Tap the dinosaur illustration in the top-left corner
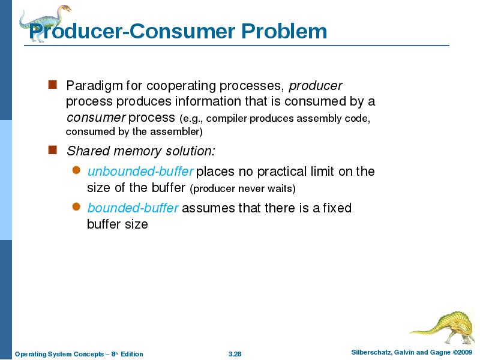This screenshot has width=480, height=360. [x=44, y=21]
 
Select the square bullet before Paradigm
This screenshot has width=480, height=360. [x=52, y=85]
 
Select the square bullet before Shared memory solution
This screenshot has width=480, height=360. [x=52, y=149]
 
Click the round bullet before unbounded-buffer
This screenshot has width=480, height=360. [x=76, y=171]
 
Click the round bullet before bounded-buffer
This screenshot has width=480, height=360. [x=76, y=208]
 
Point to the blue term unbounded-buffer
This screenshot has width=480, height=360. [x=140, y=172]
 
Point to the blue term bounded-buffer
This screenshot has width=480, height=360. [x=133, y=208]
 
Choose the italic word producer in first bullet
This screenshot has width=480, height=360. [x=320, y=85]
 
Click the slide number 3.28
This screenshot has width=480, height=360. [x=235, y=354]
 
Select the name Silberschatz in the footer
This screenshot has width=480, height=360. [x=371, y=352]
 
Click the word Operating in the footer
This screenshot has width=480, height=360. [x=30, y=354]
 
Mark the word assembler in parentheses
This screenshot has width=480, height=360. [x=178, y=131]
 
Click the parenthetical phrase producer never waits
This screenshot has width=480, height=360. [x=242, y=189]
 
